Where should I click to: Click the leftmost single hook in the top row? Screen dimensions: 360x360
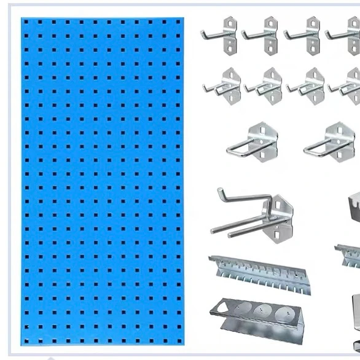[221, 34]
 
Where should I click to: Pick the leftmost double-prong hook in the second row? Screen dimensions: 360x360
[223, 86]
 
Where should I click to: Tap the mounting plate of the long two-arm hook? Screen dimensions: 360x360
[280, 216]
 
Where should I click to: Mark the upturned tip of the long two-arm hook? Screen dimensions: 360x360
[220, 192]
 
